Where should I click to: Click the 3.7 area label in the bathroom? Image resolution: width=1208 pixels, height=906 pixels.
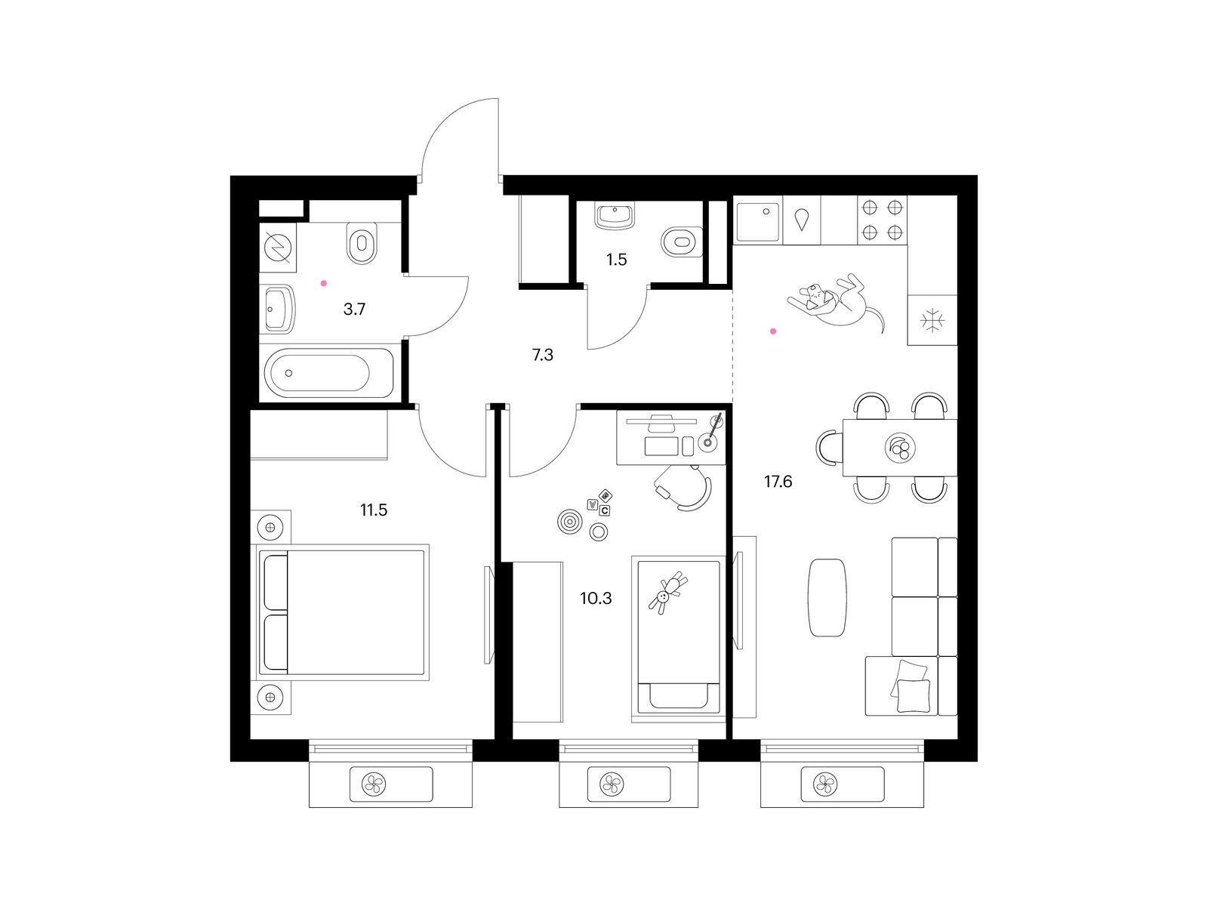[354, 309]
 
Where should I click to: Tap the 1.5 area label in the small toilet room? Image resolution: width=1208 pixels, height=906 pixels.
[616, 260]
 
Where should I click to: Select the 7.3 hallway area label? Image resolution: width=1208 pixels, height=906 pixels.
[543, 356]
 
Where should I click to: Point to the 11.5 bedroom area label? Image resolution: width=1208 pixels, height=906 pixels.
[374, 510]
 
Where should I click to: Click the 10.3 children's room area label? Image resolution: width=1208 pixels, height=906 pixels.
[596, 598]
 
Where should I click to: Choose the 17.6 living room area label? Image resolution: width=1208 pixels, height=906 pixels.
[778, 482]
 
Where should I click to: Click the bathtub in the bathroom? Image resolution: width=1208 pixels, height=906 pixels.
[328, 372]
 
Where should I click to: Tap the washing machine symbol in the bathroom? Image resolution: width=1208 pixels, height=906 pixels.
[277, 247]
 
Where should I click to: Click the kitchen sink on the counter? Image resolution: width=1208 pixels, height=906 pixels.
[758, 222]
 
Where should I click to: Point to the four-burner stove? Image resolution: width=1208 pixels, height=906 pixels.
[882, 220]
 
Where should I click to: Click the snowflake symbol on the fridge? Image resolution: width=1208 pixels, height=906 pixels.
[932, 320]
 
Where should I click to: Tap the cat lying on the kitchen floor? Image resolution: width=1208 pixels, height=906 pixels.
[836, 301]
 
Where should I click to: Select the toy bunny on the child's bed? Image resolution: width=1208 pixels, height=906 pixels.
[667, 593]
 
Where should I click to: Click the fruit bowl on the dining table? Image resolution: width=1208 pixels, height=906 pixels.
[900, 448]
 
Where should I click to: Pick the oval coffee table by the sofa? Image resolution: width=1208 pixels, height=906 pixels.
[827, 598]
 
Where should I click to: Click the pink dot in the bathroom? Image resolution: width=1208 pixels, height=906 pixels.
[324, 283]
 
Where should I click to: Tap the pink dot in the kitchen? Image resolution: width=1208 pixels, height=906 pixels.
[773, 331]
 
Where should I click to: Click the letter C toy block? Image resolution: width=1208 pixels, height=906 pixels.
[604, 510]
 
